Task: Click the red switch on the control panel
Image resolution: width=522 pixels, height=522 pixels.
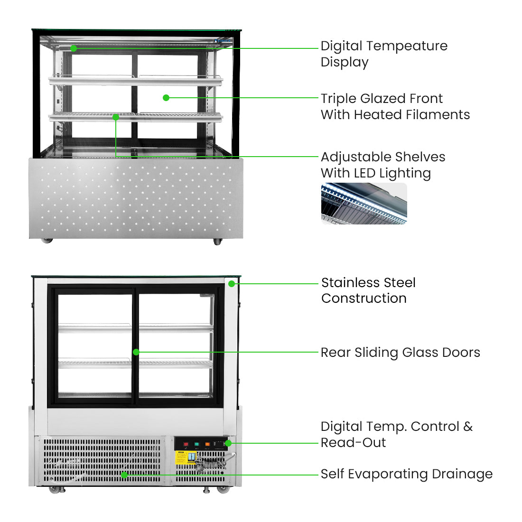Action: [186, 444]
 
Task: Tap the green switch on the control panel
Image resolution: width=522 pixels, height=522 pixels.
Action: [196, 444]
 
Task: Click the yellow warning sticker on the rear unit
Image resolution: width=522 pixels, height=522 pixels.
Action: [181, 457]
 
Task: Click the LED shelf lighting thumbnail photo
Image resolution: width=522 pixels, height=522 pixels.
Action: [364, 204]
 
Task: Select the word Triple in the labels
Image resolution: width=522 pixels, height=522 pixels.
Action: [338, 99]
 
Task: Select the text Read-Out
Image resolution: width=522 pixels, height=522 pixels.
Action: [353, 443]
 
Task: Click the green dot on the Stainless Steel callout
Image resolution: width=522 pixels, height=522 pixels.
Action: [232, 284]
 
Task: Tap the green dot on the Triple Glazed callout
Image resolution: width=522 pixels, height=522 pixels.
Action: [166, 98]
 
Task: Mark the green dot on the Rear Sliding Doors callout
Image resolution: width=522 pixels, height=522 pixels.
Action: [136, 352]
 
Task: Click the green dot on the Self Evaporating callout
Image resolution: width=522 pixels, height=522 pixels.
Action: [124, 475]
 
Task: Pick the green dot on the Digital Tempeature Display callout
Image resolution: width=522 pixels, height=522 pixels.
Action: [74, 48]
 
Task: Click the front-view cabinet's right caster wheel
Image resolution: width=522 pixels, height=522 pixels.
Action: [217, 242]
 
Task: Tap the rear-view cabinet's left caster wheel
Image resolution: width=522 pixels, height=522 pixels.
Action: [53, 489]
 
